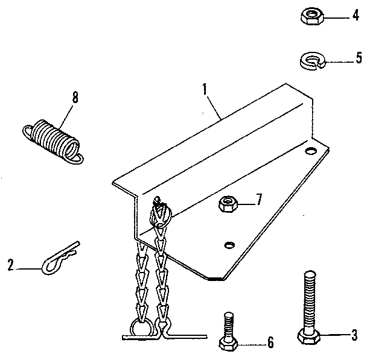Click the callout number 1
tap(206, 90)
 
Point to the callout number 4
tap(356, 16)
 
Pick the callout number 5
tap(358, 58)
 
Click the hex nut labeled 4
tap(312, 16)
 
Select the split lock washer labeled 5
tap(313, 60)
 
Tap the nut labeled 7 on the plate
tap(228, 204)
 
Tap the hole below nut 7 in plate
tap(229, 244)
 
